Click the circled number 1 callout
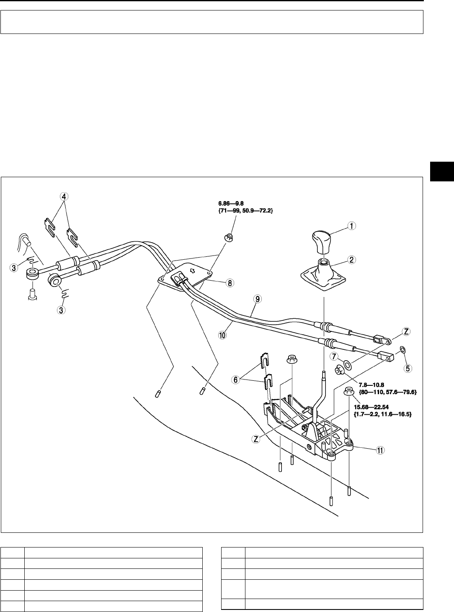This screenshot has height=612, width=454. point(351,226)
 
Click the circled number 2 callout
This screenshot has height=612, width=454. point(351,260)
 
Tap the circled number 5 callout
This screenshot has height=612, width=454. point(408,369)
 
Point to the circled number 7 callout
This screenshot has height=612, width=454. point(334,356)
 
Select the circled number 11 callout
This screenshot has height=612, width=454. point(379,450)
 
